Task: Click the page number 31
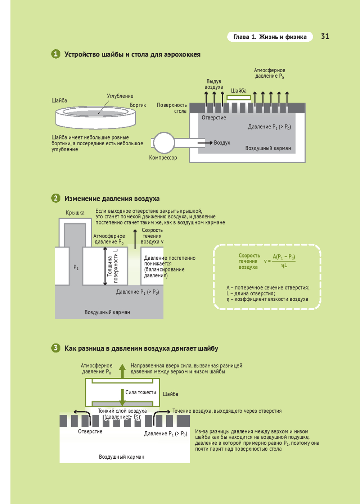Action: pyautogui.click(x=325, y=36)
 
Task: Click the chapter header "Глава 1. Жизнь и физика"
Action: pyautogui.click(x=270, y=37)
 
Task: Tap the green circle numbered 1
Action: pyautogui.click(x=56, y=54)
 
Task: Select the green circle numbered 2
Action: pyautogui.click(x=56, y=198)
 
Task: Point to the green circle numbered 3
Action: pyautogui.click(x=56, y=348)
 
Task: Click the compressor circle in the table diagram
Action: pyautogui.click(x=163, y=143)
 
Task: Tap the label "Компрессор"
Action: pyautogui.click(x=163, y=158)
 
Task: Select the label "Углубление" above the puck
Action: pyautogui.click(x=120, y=96)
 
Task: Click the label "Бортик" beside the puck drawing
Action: pyautogui.click(x=138, y=105)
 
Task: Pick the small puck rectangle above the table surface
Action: pyautogui.click(x=239, y=97)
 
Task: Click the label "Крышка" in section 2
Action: pyautogui.click(x=75, y=213)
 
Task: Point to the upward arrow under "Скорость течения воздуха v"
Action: pyautogui.click(x=135, y=239)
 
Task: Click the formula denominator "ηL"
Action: pyautogui.click(x=284, y=265)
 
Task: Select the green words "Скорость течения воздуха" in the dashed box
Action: pyautogui.click(x=248, y=261)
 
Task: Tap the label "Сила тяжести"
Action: pyautogui.click(x=141, y=392)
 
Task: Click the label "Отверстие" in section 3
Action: pyautogui.click(x=90, y=431)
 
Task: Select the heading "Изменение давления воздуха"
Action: pyautogui.click(x=112, y=199)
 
